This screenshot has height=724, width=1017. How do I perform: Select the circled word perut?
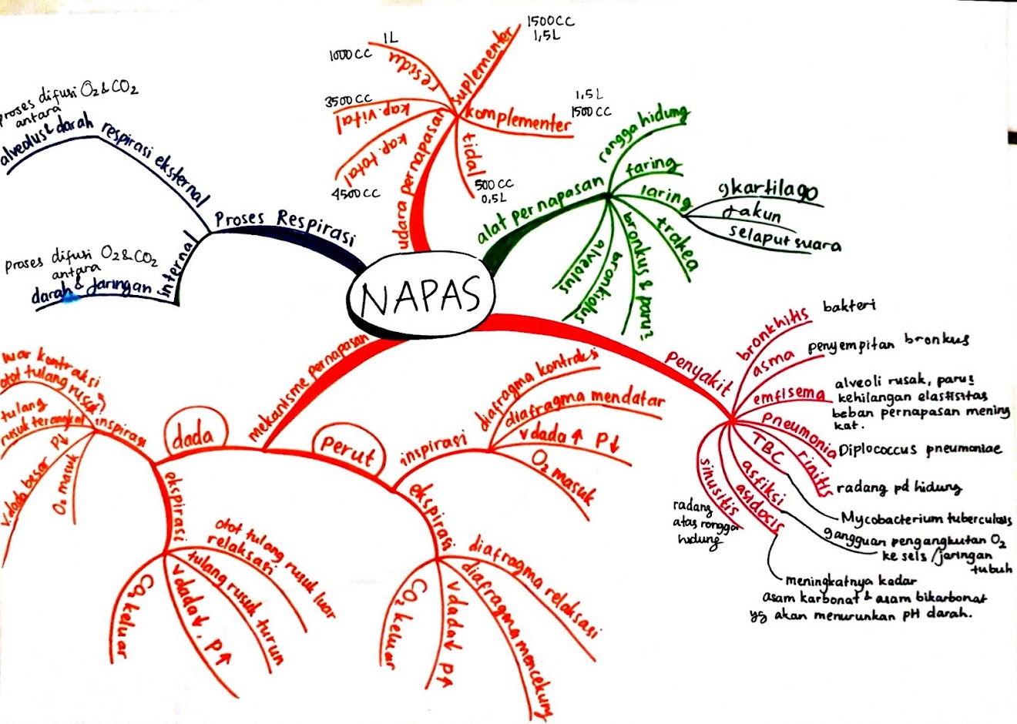click(347, 450)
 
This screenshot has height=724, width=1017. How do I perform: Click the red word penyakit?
click(698, 371)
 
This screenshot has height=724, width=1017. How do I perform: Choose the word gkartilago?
click(767, 192)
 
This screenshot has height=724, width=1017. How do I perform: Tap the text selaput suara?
click(784, 240)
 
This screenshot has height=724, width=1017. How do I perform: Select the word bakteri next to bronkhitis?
click(850, 306)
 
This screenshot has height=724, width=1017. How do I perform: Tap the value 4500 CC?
click(355, 193)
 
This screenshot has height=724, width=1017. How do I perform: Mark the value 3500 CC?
click(348, 101)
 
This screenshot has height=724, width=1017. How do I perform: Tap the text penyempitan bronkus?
click(888, 342)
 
